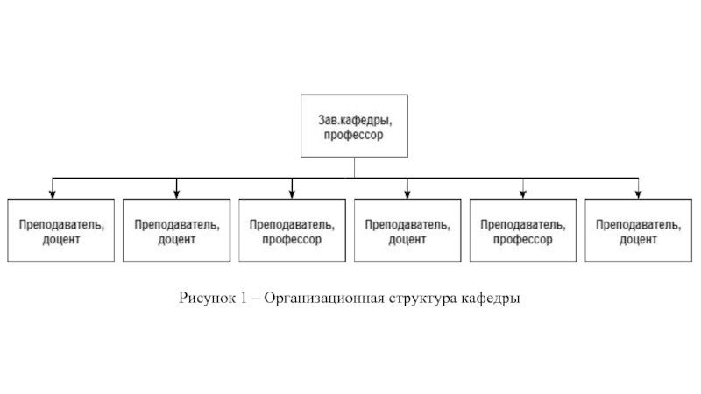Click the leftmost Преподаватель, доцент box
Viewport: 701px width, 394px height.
pyautogui.click(x=60, y=230)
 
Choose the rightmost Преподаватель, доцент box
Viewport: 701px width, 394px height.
pyautogui.click(x=639, y=230)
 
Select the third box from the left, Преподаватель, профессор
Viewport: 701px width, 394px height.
pyautogui.click(x=292, y=230)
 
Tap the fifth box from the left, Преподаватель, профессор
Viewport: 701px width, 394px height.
pyautogui.click(x=523, y=230)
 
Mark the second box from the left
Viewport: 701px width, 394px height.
pyautogui.click(x=176, y=230)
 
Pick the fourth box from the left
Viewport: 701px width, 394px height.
pyautogui.click(x=407, y=230)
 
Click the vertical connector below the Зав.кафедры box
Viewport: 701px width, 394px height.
pyautogui.click(x=354, y=168)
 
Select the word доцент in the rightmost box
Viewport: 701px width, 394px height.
pyautogui.click(x=639, y=239)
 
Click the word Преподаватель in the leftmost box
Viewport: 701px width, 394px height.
pyautogui.click(x=60, y=223)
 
